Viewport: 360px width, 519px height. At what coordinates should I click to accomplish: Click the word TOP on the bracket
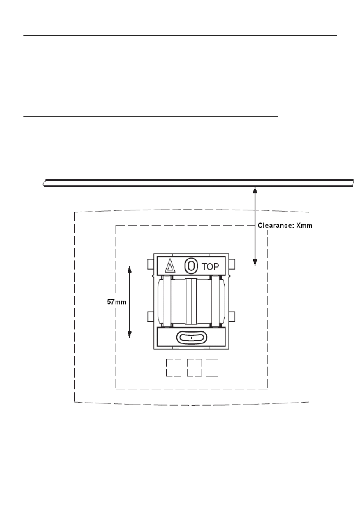tap(210, 267)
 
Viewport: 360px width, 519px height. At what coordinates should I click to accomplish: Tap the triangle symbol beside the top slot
tap(170, 265)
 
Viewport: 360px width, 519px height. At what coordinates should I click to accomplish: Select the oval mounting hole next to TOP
tap(191, 266)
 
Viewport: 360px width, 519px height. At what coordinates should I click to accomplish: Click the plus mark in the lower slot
tap(191, 338)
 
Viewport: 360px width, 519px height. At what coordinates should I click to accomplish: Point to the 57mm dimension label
tap(116, 302)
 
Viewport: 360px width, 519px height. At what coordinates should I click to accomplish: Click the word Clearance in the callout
tap(275, 226)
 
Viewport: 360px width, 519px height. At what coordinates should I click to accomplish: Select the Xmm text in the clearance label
tap(304, 226)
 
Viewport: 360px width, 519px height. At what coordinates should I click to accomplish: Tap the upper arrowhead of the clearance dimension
tap(255, 190)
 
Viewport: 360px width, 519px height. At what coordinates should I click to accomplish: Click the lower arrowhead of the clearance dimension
tap(255, 262)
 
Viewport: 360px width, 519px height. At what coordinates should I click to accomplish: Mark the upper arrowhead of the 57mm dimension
tap(130, 269)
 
